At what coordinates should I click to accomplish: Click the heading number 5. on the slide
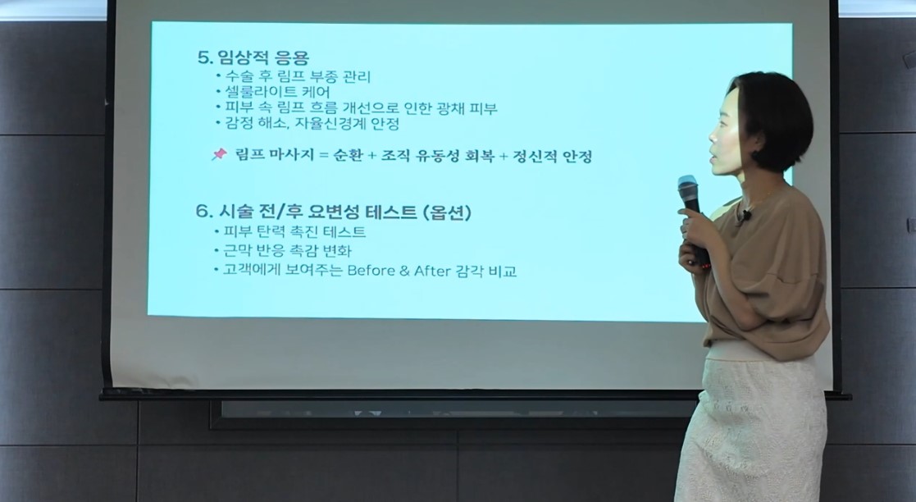[x=204, y=58]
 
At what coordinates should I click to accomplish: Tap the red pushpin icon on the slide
[x=219, y=154]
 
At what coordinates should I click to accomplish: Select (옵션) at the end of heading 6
[x=448, y=212]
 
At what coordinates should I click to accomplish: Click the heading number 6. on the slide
[x=203, y=212]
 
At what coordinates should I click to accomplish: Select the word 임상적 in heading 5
[x=243, y=58]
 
